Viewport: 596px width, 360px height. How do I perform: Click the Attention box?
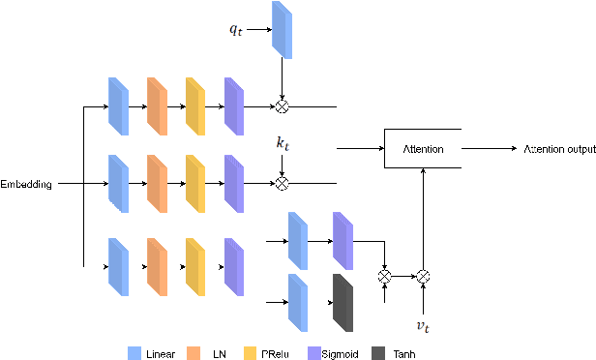click(423, 149)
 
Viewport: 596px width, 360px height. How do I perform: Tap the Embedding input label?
click(26, 182)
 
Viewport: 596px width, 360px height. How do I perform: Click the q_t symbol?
click(236, 30)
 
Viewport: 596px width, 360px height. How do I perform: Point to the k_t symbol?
click(283, 143)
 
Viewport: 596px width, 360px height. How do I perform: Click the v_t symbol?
click(423, 327)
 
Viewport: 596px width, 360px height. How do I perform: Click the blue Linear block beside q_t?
click(281, 29)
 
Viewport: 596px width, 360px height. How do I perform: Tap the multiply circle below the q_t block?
click(283, 106)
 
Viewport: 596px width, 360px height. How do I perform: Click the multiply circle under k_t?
click(283, 182)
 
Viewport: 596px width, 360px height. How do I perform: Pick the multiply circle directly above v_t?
click(423, 276)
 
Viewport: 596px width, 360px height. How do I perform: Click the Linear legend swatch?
click(134, 353)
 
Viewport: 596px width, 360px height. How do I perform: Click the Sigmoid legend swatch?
click(313, 353)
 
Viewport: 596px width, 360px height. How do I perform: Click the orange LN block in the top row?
click(157, 105)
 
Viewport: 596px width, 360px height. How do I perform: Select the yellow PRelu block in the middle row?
click(195, 182)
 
